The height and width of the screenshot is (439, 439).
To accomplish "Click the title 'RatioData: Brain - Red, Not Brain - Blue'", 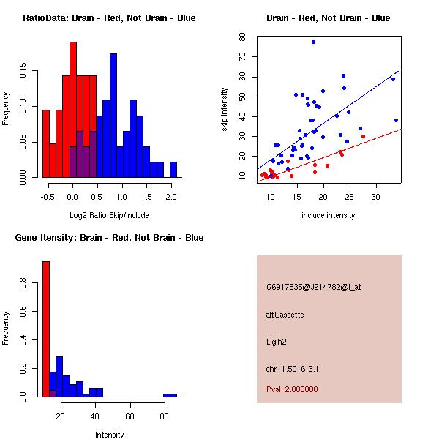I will click(109, 18).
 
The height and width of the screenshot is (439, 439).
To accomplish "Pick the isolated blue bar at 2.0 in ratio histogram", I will click(173, 169).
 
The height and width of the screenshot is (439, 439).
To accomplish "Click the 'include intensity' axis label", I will click(329, 215).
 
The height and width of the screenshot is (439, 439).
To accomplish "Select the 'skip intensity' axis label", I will click(225, 110).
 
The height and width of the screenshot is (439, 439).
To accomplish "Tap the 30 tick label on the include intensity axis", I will click(376, 198).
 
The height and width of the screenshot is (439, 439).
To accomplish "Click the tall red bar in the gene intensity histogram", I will click(46, 329).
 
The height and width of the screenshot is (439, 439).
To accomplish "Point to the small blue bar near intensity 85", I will click(170, 395).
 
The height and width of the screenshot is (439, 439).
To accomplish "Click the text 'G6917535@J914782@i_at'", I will click(313, 287).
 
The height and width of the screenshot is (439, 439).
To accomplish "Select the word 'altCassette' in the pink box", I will click(285, 315).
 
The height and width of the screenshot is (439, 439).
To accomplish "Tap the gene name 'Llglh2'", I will click(277, 342).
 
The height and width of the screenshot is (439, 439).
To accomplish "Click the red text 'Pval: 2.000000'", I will click(293, 389).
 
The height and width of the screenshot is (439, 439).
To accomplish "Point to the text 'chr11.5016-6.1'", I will click(293, 369).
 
